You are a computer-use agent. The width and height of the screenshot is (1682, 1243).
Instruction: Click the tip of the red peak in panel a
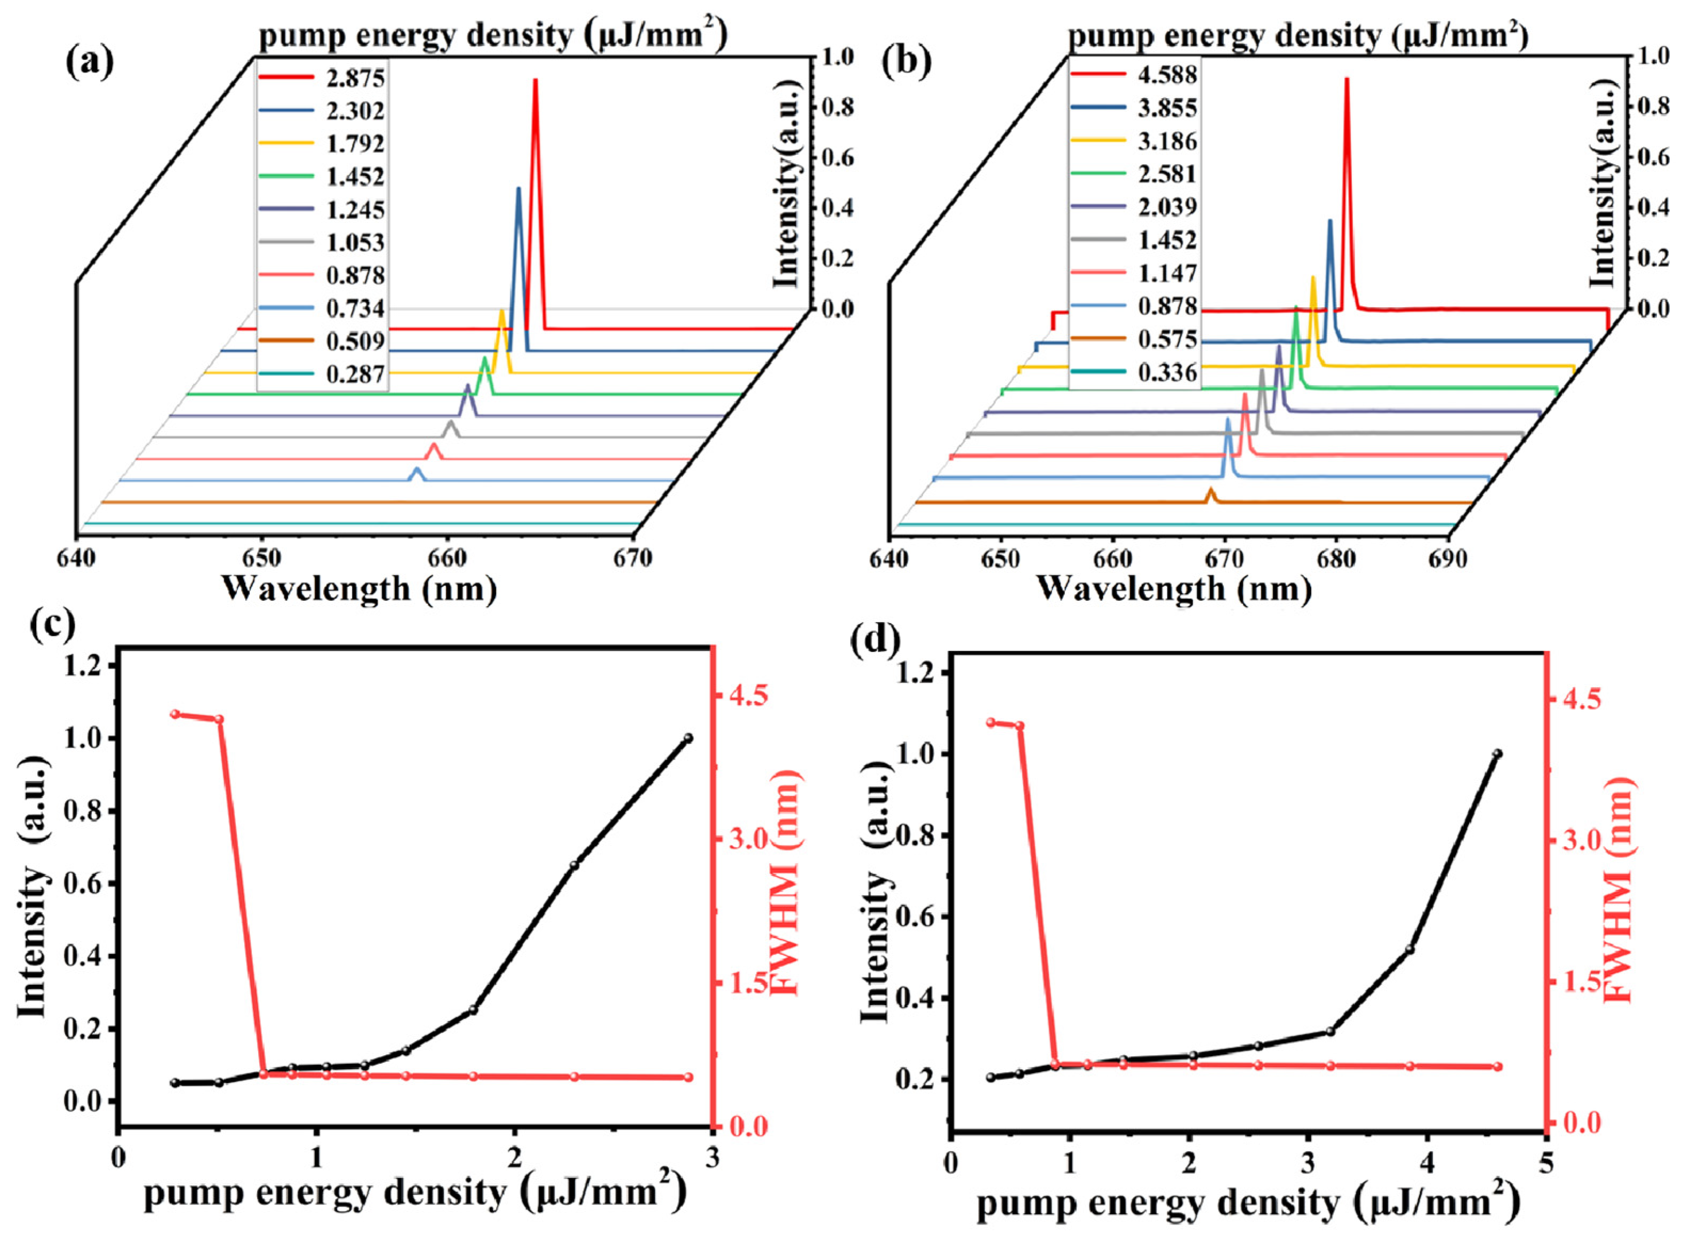tap(535, 80)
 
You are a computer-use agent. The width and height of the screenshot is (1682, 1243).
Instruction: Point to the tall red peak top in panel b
tap(1347, 79)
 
